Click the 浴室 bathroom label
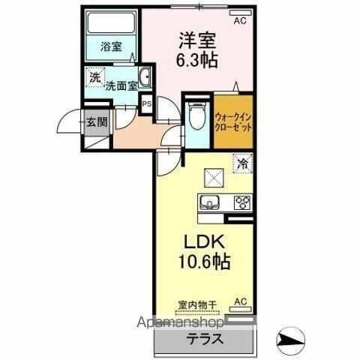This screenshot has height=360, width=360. [x=113, y=46]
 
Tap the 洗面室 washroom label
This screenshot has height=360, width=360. [x=120, y=85]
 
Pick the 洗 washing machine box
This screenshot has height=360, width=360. [x=94, y=76]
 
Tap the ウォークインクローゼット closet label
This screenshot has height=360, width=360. [x=232, y=121]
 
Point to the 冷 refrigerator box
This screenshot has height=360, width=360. [x=242, y=161]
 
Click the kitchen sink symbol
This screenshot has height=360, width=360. [x=209, y=202]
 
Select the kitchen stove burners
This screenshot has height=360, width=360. [x=241, y=202]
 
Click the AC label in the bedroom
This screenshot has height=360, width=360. [x=240, y=21]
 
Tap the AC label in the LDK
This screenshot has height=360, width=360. [x=241, y=301]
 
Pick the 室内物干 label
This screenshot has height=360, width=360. [x=196, y=304]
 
